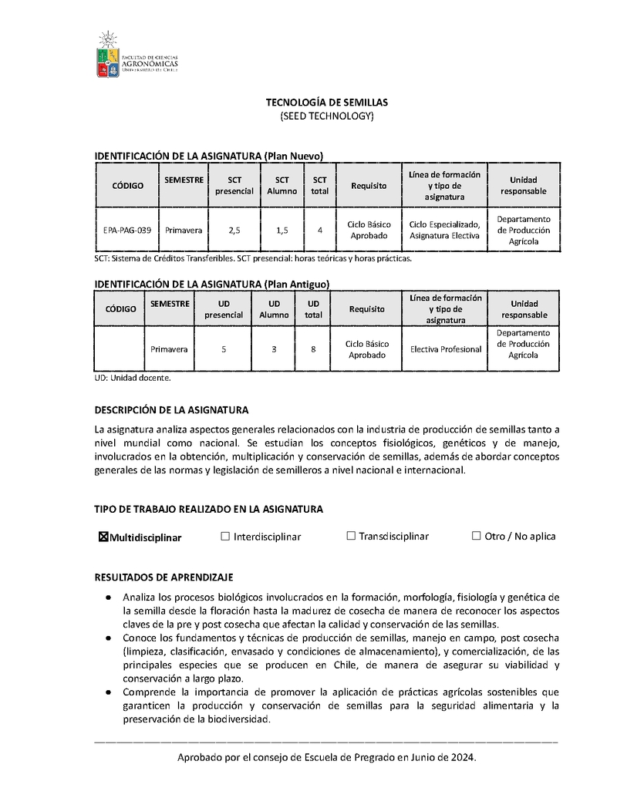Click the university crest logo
(x=108, y=56)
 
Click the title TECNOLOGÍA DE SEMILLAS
(x=326, y=102)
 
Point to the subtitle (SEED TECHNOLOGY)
(x=326, y=116)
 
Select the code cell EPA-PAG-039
(x=127, y=230)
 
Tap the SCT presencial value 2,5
(x=234, y=230)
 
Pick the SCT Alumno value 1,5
(x=282, y=230)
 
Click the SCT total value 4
(x=319, y=230)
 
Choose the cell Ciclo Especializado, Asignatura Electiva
(x=444, y=230)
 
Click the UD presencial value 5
(x=224, y=348)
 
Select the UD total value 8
(x=313, y=348)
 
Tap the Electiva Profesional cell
(x=446, y=348)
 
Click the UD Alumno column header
(x=274, y=308)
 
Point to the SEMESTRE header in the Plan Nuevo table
(x=184, y=180)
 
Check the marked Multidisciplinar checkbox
(x=103, y=537)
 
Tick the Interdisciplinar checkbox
(x=225, y=536)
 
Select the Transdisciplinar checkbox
(x=351, y=536)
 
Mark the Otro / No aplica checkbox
(x=476, y=536)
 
